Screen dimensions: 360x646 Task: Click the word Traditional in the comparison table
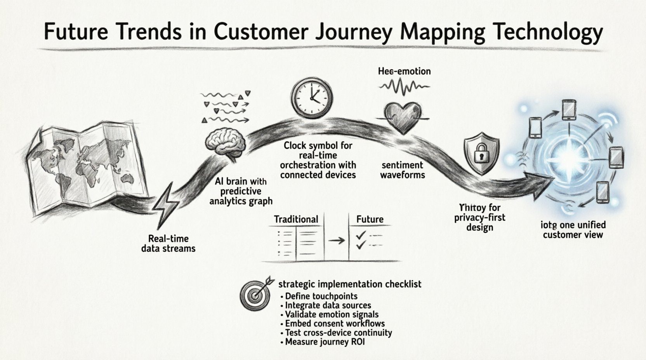coord(296,219)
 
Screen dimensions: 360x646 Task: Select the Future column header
coord(370,219)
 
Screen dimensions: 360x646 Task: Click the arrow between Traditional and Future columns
coord(336,241)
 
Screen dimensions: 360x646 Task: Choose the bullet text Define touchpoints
coord(321,296)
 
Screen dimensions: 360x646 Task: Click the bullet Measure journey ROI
coord(325,342)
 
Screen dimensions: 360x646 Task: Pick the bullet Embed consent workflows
coord(335,324)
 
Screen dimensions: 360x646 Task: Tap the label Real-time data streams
coord(168,244)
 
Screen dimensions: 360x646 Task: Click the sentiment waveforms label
coord(403,170)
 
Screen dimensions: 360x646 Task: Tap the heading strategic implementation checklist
coord(350,284)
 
